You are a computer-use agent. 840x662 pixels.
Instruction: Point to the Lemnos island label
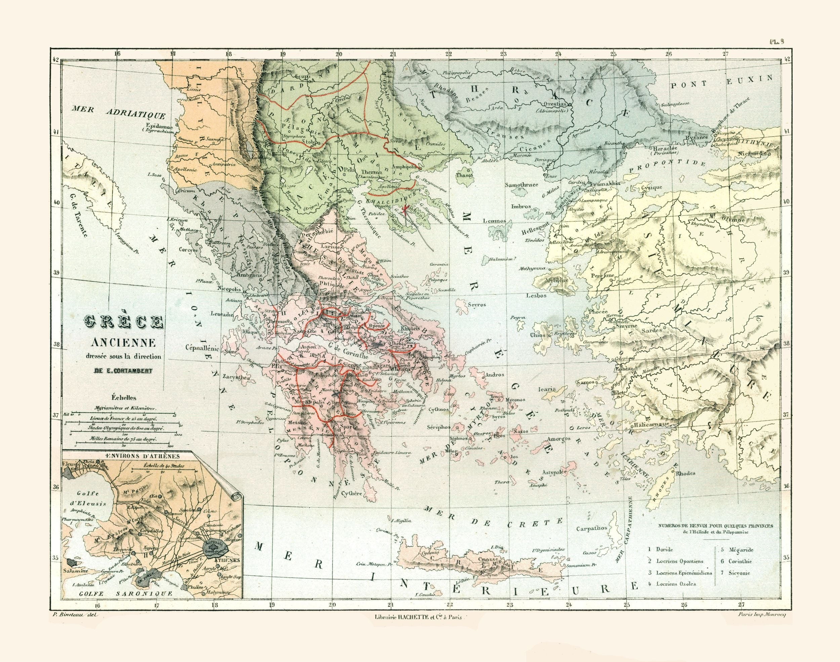point(495,221)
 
